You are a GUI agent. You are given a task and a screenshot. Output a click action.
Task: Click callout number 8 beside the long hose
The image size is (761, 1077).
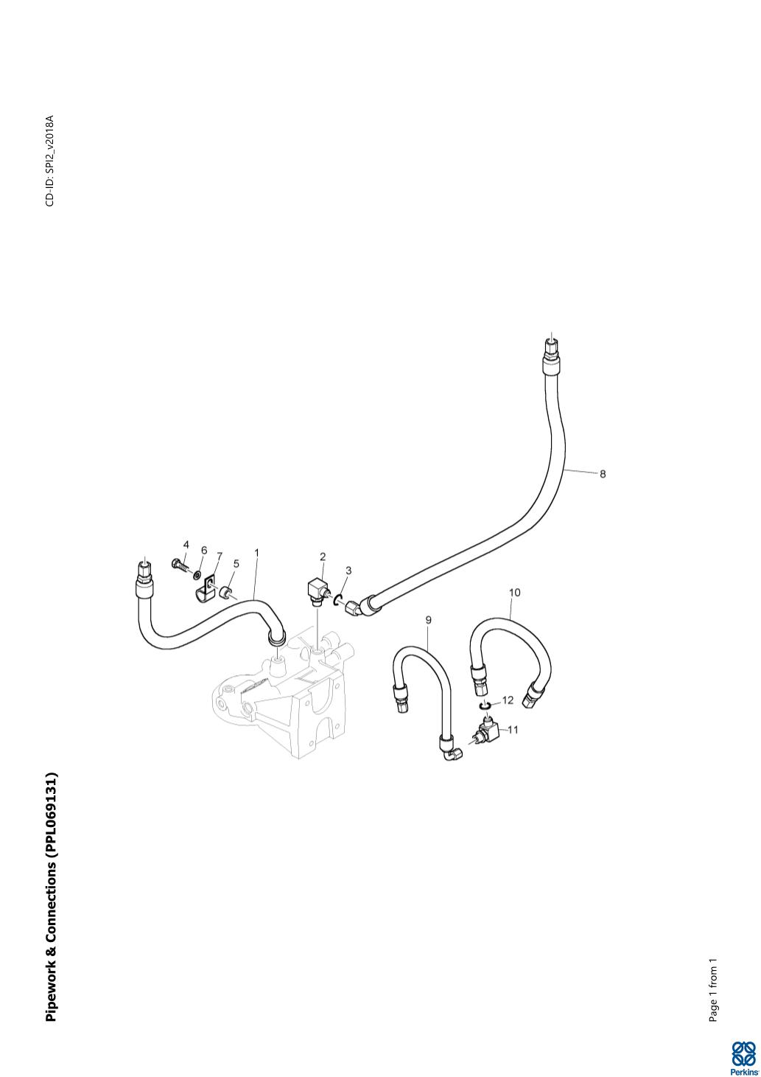coord(603,474)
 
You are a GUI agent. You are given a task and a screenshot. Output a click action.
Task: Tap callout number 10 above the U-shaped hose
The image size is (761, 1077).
coord(514,592)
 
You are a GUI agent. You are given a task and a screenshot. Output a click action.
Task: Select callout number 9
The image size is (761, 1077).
coord(428,620)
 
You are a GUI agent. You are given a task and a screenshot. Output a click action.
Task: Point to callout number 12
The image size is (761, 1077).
coord(508,700)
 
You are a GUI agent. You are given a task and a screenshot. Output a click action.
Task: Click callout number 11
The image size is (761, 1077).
coord(513,730)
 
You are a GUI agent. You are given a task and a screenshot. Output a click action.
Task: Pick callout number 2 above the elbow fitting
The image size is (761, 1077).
coord(323,557)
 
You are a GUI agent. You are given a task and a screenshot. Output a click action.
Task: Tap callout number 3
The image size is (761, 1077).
coord(348,571)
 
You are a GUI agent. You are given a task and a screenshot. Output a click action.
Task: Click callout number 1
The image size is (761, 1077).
coord(256,551)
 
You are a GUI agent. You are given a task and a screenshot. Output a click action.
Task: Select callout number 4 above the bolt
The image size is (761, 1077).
coord(186,545)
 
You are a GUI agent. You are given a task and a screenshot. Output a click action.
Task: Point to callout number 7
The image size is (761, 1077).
coord(219,555)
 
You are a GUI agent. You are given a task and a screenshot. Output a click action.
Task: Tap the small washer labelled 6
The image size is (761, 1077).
coord(197,574)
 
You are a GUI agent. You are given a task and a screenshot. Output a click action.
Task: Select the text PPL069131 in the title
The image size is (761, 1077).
coord(51,811)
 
